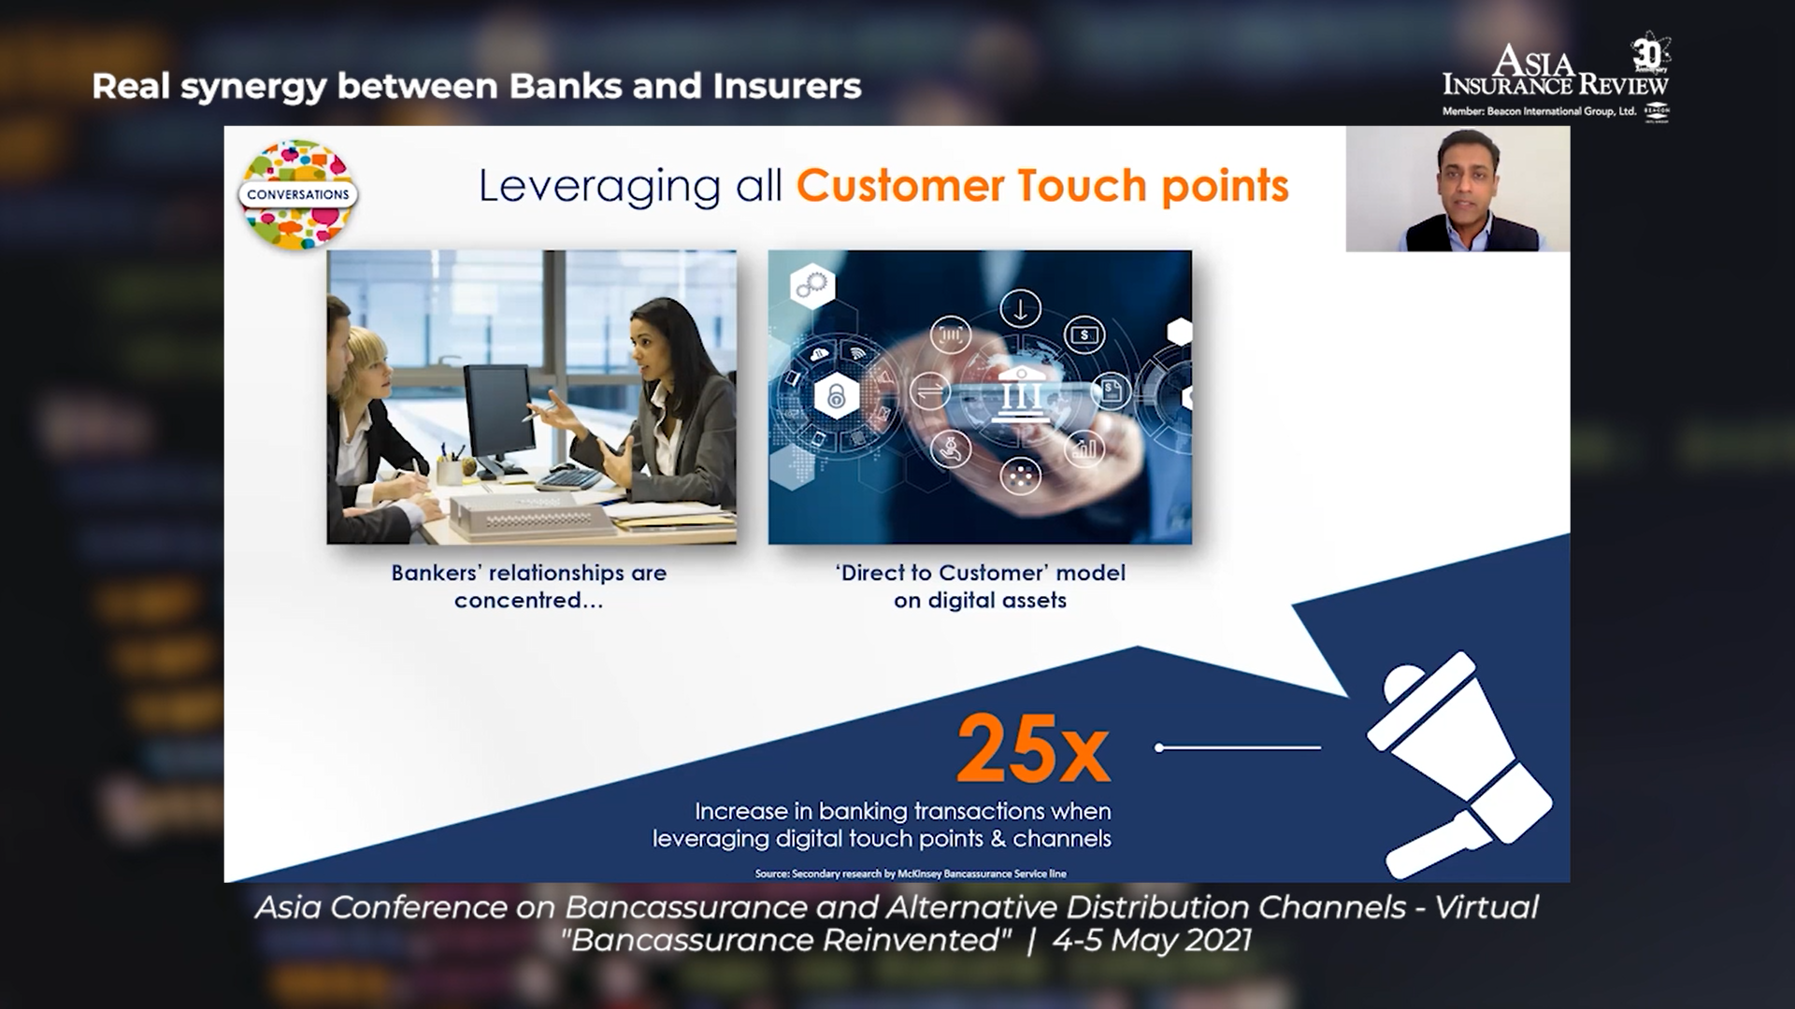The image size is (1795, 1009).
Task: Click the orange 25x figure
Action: (1033, 749)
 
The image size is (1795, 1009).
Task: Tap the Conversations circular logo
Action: (298, 194)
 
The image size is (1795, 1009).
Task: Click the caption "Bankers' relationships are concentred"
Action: (529, 586)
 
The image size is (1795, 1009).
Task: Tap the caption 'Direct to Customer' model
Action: (981, 573)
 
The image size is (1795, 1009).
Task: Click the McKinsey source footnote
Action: (911, 874)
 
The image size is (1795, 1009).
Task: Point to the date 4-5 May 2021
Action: (1152, 940)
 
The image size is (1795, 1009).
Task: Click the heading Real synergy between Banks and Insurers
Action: (477, 86)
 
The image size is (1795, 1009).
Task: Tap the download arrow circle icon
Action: (1020, 308)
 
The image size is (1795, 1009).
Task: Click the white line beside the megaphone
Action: (1239, 747)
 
